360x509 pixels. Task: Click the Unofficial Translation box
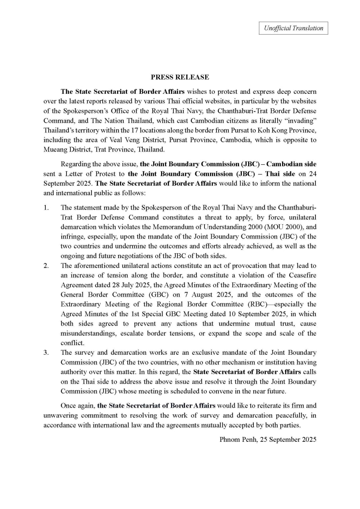(x=294, y=28)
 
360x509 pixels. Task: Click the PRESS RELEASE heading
(x=180, y=77)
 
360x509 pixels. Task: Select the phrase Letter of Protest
(x=91, y=174)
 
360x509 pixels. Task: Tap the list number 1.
(x=46, y=208)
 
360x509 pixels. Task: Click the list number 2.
(x=46, y=266)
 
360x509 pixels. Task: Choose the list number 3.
(x=46, y=353)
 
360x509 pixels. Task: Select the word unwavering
(x=63, y=415)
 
